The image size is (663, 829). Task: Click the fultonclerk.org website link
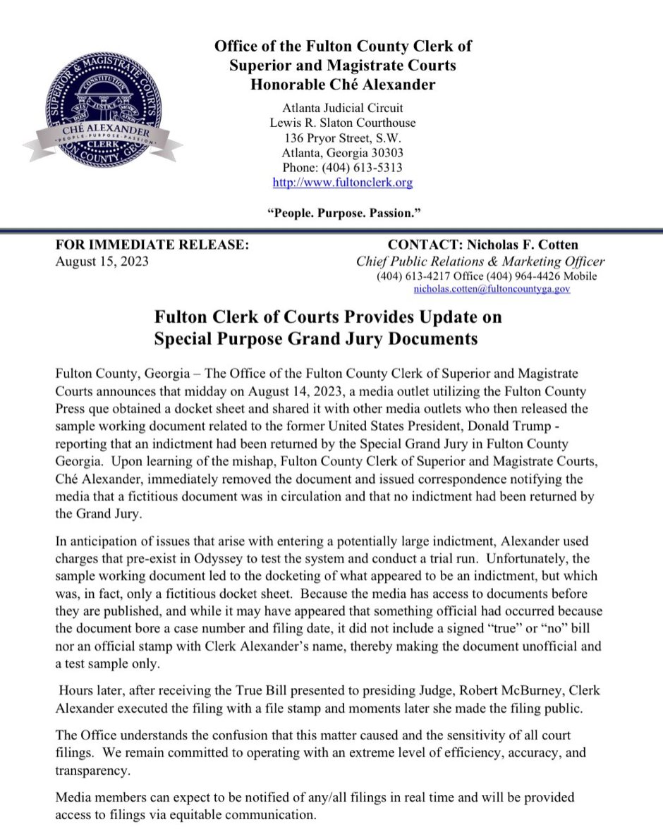(x=343, y=182)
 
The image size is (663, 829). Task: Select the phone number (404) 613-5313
(x=342, y=167)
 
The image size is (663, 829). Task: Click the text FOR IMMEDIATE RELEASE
(x=152, y=245)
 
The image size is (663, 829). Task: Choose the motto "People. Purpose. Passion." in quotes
(x=343, y=212)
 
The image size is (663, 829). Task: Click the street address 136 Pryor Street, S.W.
(x=343, y=137)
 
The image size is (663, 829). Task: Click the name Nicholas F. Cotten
(x=520, y=245)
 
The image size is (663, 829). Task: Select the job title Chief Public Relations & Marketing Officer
(x=480, y=261)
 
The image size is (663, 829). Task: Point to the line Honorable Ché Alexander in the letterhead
(x=343, y=85)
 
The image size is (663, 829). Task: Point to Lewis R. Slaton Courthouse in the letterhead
(x=343, y=123)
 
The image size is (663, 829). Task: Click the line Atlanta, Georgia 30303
(x=343, y=152)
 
